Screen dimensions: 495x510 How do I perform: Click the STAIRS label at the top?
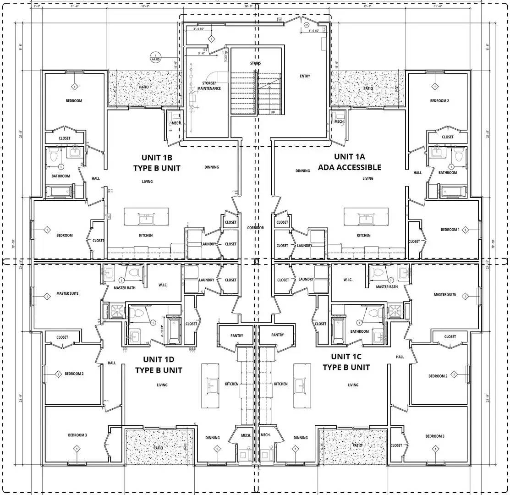click(256, 63)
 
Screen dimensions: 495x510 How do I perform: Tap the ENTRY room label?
click(305, 76)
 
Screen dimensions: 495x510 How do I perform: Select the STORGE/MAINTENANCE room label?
click(212, 86)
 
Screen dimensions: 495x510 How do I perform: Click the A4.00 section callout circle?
click(156, 58)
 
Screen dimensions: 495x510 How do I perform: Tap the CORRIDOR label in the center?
click(255, 228)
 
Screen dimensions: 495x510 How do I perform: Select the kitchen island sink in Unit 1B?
click(147, 218)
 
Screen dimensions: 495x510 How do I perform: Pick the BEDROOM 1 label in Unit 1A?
click(450, 230)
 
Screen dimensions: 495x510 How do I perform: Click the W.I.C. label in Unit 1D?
click(163, 285)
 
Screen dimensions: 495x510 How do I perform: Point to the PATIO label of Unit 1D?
click(158, 448)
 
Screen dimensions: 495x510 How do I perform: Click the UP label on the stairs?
click(273, 112)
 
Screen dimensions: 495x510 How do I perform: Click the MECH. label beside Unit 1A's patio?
click(339, 121)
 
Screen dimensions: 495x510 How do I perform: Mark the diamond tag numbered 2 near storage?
click(211, 39)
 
